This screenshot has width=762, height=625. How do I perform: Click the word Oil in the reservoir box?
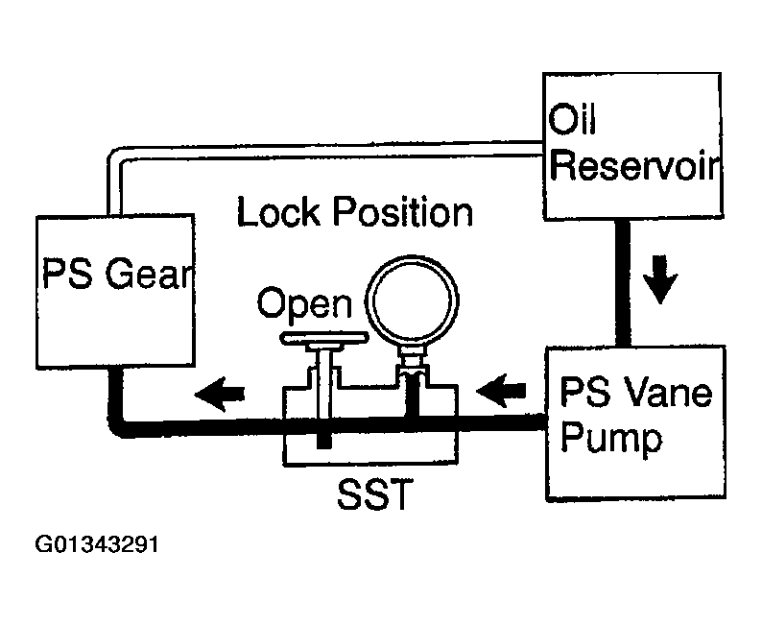(572, 118)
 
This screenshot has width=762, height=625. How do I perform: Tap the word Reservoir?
(635, 165)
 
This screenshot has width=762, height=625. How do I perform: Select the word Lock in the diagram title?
(279, 211)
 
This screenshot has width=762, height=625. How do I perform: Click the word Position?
(403, 212)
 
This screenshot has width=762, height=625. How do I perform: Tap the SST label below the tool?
(375, 493)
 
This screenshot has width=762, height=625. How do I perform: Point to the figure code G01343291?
(97, 544)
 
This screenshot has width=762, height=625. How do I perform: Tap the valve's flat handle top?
(324, 339)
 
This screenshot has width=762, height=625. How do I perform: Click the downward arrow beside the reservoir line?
(660, 279)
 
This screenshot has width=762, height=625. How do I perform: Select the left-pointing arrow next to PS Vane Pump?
(501, 390)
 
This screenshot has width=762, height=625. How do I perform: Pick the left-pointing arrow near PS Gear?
(219, 394)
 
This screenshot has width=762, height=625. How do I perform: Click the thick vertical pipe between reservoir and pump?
(623, 283)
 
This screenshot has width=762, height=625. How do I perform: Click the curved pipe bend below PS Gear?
(117, 427)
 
